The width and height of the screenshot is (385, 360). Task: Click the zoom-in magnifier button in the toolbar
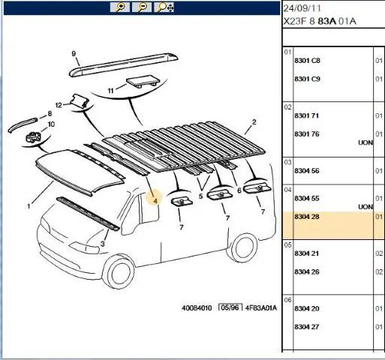[x=120, y=7]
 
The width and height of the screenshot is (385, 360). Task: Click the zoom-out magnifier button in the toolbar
[x=142, y=7]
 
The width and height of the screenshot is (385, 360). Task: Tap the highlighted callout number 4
[x=155, y=201]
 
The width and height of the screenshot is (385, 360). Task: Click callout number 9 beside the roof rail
[x=74, y=53]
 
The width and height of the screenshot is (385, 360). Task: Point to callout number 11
[x=110, y=91]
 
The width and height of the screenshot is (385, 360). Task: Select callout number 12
[x=59, y=105]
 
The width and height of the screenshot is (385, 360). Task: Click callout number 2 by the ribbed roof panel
[x=254, y=122]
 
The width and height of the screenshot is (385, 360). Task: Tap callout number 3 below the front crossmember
[x=103, y=244]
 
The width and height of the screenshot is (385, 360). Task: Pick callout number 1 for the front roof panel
[x=29, y=206]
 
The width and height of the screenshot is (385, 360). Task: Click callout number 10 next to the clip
[x=51, y=124]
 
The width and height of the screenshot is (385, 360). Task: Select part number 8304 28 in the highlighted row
[x=307, y=217]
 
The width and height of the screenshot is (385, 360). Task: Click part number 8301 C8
[x=307, y=61]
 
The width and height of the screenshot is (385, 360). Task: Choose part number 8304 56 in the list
[x=307, y=171]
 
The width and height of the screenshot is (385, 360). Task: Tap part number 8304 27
[x=307, y=327]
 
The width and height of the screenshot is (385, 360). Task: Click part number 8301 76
[x=307, y=134]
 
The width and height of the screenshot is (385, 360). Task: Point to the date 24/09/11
[x=302, y=8]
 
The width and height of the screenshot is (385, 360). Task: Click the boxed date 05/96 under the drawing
[x=230, y=307]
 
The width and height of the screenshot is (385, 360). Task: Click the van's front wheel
[x=119, y=272]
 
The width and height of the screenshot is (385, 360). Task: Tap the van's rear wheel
[x=242, y=247]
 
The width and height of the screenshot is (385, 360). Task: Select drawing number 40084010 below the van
[x=197, y=307]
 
